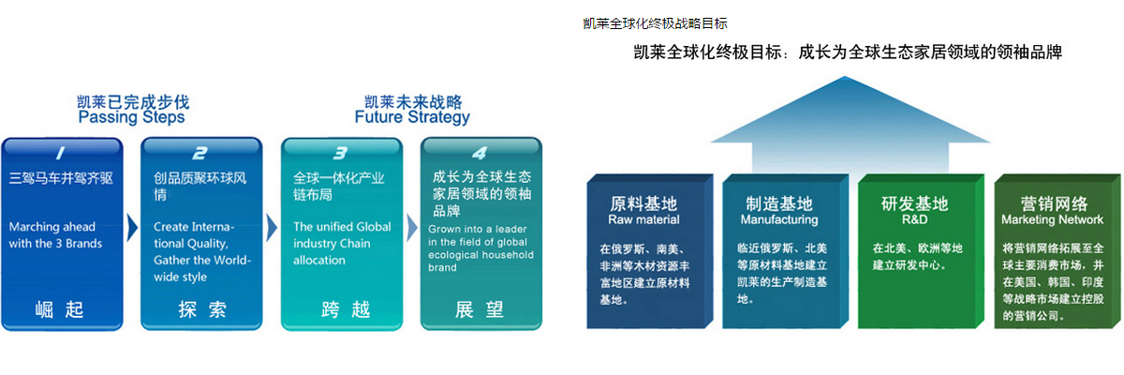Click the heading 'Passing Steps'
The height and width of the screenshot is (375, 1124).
point(131,117)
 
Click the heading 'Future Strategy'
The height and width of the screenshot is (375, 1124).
point(412,117)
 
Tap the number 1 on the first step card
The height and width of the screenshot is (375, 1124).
point(61,153)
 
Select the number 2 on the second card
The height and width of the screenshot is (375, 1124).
point(200,153)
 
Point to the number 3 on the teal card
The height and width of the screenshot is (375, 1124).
point(340,153)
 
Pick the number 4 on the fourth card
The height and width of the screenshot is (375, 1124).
point(480,153)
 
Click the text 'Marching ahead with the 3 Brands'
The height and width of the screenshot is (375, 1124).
point(55,235)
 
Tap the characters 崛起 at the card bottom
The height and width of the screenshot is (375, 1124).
point(59,309)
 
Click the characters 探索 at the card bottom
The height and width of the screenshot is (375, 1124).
point(202,309)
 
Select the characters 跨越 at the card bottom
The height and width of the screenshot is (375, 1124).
point(346,309)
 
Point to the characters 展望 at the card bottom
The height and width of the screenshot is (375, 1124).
point(480,309)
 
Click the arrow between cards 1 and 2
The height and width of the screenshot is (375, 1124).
point(132,229)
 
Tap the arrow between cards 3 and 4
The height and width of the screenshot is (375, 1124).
point(412,229)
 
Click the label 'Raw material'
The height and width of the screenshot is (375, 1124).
point(643,220)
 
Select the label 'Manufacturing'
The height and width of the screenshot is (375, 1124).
point(779,220)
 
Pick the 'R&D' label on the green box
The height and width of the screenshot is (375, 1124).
point(914,220)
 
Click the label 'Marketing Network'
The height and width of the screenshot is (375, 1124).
point(1052,220)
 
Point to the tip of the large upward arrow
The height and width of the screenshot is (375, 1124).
point(845,76)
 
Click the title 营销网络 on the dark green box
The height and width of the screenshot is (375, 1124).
point(1054,203)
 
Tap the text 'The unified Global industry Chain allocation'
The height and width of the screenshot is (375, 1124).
point(342,244)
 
